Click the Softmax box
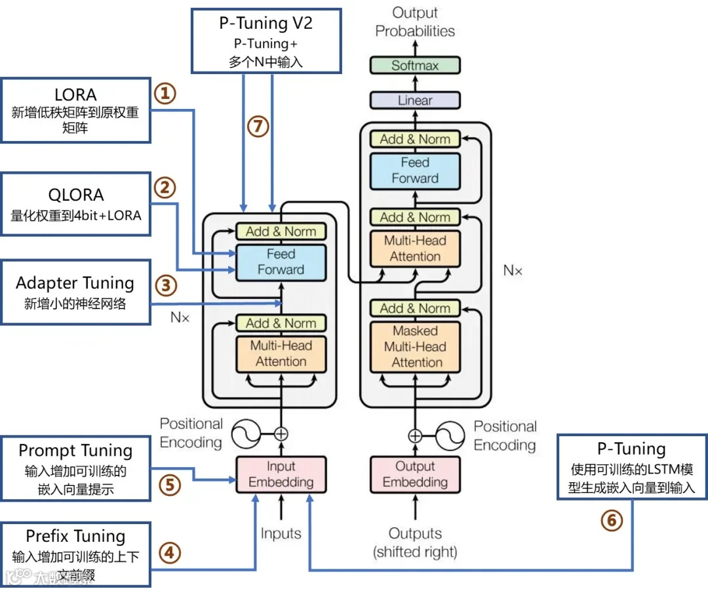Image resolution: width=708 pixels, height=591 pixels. point(414,66)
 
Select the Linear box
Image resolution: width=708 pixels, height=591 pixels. point(414,100)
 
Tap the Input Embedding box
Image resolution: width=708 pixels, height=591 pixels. point(281,474)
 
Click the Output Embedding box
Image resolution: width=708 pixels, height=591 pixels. point(414,474)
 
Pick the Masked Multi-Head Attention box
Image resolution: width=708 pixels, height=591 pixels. point(414,346)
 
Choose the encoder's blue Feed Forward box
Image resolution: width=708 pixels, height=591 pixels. point(281,262)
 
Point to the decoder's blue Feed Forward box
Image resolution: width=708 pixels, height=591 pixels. point(414,171)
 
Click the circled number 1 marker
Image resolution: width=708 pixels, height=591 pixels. point(165,94)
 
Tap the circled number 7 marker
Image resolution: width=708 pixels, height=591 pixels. point(258,125)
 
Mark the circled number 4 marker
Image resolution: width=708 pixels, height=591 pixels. point(168,553)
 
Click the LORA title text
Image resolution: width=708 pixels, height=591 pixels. point(75,95)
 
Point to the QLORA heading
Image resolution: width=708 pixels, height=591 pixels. point(75,195)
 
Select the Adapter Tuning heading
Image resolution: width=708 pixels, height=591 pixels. point(75,283)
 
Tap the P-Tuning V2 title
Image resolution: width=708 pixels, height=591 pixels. point(265,24)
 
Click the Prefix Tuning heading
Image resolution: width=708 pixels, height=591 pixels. point(75,537)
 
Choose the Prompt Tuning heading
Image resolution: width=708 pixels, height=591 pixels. point(75,451)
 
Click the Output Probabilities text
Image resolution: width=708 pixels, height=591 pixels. point(414,22)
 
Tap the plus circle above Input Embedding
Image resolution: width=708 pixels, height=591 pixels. point(281,434)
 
